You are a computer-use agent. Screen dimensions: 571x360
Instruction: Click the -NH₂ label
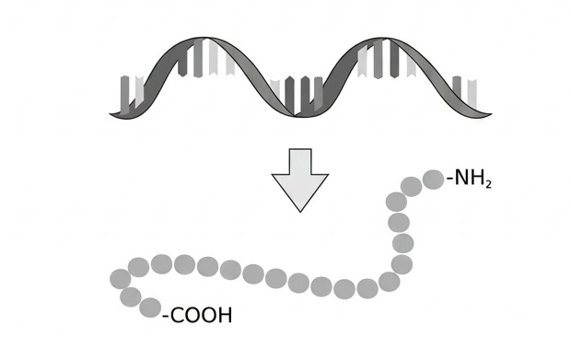point(469,179)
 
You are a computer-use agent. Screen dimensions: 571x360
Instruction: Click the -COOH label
point(197,315)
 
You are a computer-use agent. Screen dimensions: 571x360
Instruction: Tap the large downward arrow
point(300,180)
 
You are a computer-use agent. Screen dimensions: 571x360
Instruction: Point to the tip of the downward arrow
point(300,212)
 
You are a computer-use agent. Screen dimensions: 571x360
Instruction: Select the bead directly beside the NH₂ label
point(434,180)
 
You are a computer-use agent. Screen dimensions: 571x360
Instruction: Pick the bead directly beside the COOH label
point(150,308)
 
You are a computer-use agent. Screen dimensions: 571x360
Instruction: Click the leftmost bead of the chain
point(120,279)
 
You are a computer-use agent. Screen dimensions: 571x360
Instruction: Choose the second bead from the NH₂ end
point(412,186)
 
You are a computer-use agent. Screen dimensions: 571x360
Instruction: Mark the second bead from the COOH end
point(131,296)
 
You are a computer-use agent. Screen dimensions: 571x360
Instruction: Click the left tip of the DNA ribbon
point(110,114)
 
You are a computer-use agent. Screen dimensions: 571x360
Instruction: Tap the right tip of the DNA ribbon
point(492,114)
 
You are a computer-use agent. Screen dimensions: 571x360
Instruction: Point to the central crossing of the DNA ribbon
point(295,116)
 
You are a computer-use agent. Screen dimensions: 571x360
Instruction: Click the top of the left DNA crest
point(203,38)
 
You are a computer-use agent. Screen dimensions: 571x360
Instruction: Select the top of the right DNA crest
point(383,38)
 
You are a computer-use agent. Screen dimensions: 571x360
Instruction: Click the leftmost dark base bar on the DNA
point(124,95)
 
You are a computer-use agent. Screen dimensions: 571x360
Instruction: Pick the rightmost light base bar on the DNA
point(472,93)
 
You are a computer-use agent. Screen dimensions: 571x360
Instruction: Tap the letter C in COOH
point(178,315)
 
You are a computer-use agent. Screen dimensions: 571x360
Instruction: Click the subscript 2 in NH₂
point(489,184)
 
